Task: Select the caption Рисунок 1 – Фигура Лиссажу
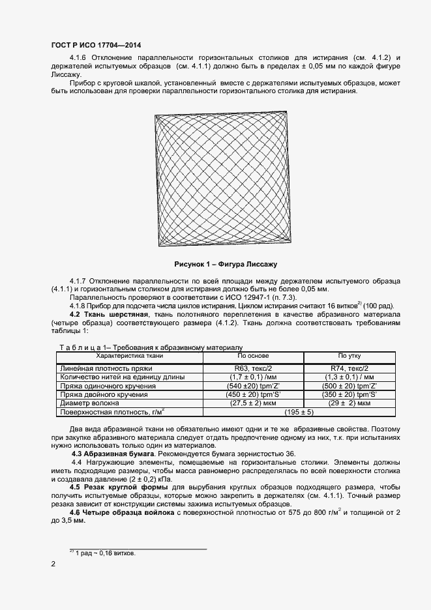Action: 226,265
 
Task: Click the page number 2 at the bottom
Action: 53,564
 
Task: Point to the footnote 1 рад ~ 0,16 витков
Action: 102,553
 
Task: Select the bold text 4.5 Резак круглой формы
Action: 116,487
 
